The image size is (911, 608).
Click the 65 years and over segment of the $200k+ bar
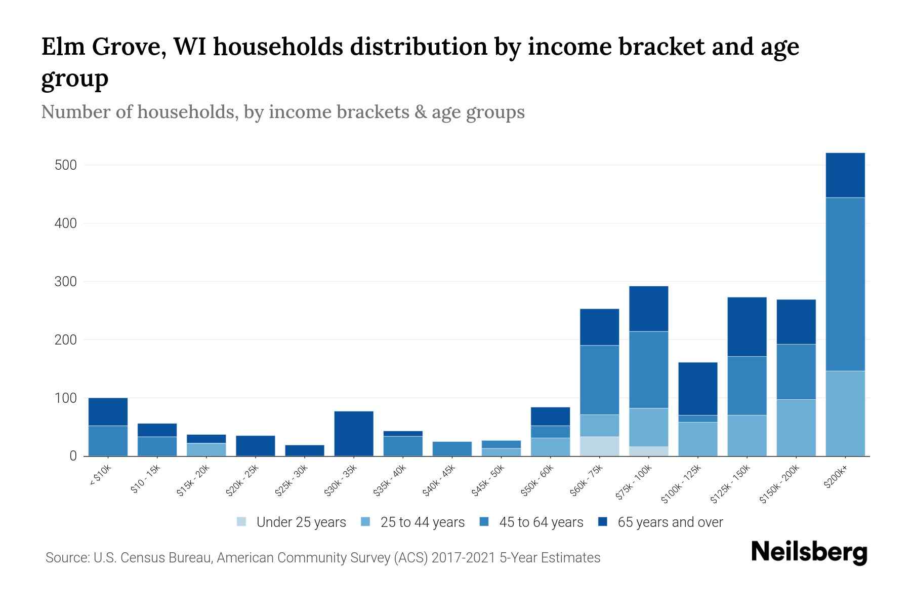[x=845, y=175]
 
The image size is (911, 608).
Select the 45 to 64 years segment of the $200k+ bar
[x=845, y=284]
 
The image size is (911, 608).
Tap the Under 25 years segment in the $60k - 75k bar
[x=599, y=446]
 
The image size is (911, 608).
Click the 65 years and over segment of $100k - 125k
[x=697, y=389]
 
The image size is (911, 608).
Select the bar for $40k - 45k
[x=452, y=448]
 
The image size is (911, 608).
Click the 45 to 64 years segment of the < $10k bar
[x=108, y=440]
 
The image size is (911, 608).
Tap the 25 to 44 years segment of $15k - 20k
[x=206, y=449]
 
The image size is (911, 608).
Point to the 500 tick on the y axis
[x=65, y=165]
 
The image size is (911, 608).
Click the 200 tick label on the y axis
[x=65, y=340]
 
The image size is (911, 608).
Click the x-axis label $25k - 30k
[x=292, y=481]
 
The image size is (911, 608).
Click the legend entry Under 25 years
[x=301, y=522]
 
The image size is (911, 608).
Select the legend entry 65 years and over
[x=670, y=522]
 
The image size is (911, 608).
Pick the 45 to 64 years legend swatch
[x=484, y=522]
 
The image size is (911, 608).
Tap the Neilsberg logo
[x=809, y=552]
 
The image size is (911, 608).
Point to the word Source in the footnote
[x=66, y=558]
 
